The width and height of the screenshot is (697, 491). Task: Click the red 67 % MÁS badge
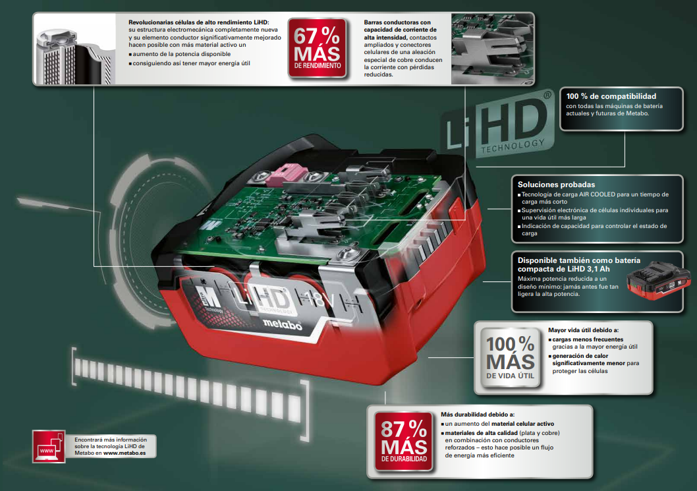point(317,48)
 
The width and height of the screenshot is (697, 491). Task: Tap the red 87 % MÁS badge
point(404,441)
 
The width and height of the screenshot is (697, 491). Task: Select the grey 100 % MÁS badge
point(511,358)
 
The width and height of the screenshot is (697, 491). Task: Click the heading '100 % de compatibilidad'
point(611,96)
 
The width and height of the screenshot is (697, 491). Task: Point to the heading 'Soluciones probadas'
point(556,185)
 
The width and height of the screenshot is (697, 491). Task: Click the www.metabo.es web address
point(125,453)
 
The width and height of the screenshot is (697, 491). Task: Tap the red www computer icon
point(49,446)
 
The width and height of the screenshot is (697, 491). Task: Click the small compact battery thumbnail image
point(659,280)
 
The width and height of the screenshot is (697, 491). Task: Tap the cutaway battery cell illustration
point(74,57)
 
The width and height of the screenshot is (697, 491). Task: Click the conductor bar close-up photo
point(492,49)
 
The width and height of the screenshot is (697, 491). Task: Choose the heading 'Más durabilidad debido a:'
point(478,415)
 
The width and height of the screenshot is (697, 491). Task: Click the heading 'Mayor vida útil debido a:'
point(583,330)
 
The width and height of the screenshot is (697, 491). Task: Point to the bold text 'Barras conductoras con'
point(397,22)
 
